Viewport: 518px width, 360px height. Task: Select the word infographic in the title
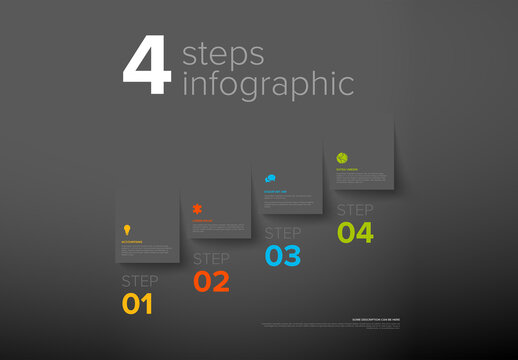coord(268,84)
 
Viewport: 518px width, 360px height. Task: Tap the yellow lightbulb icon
coord(127,230)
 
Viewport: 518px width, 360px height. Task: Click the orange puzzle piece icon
coord(198,209)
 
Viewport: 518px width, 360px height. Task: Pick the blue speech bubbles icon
coord(270,178)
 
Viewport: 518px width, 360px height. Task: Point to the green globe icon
coord(342,158)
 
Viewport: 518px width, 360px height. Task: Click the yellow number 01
coord(138,304)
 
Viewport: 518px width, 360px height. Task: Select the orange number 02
coord(211,281)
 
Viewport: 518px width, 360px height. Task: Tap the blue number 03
coord(283,257)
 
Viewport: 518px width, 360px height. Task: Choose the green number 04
coord(355,233)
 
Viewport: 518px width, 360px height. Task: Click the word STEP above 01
coord(140,281)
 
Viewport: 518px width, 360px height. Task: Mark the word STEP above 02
coord(211,258)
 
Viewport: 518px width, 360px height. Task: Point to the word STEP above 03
coord(283,234)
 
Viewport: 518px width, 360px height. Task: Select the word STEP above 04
coord(355,210)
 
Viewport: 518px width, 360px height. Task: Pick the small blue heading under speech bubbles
coord(275,190)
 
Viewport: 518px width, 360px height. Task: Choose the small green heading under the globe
coord(347,170)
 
